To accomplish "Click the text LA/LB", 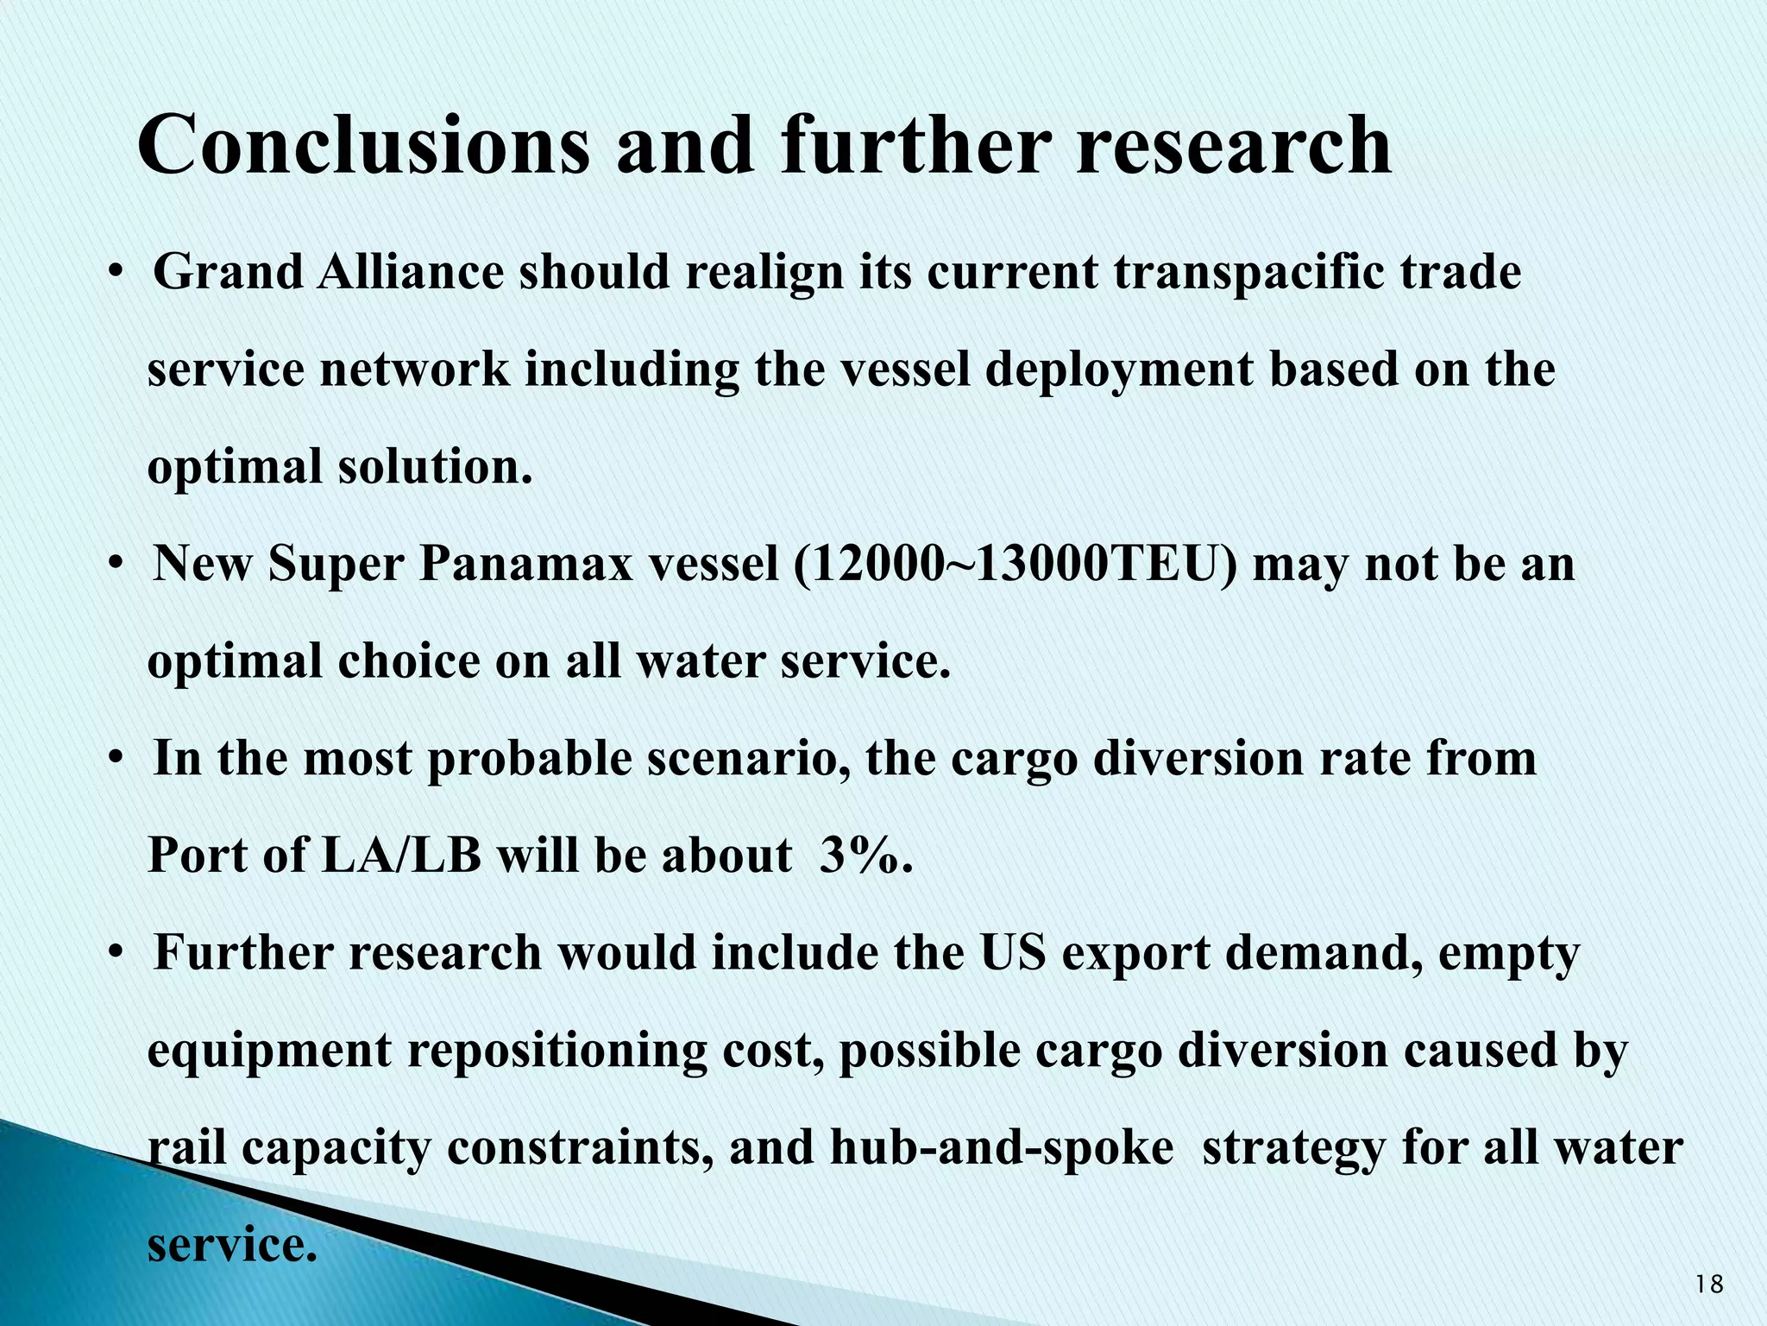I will coord(400,856).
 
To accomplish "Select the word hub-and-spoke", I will coord(1001,1148).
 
